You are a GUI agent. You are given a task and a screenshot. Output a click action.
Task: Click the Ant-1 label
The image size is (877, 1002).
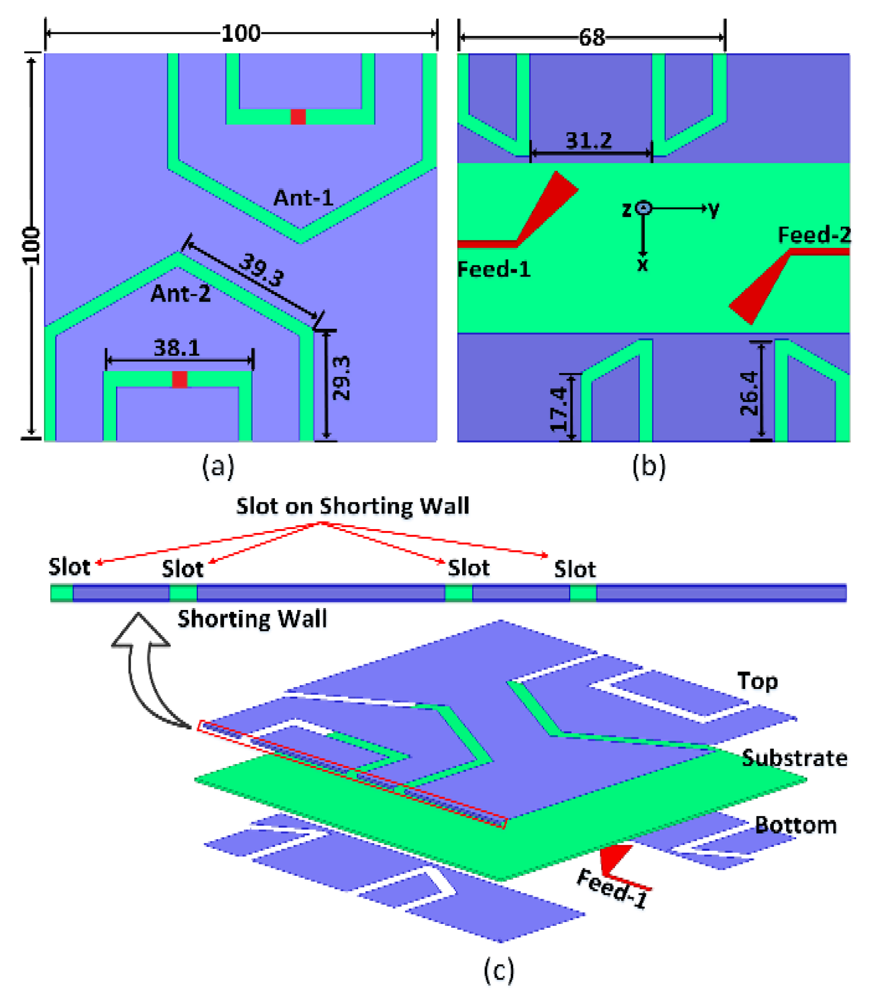pos(303,198)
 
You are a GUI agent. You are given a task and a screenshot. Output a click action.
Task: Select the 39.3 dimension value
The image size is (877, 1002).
pos(261,270)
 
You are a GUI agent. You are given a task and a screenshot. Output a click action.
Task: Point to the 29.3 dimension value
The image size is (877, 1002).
pos(341,378)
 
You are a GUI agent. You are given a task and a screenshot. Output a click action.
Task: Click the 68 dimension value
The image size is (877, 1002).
pos(592,37)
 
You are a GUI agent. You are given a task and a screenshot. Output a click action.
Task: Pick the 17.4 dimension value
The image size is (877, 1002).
pos(558,409)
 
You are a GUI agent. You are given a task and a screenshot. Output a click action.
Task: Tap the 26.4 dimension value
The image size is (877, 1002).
pos(749,393)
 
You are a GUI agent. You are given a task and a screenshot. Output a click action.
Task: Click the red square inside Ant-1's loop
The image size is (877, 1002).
pos(298,117)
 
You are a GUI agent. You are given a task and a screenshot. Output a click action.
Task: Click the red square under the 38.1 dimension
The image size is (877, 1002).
pos(180,379)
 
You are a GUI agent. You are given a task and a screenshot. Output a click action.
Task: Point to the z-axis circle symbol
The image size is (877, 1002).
pos(643,208)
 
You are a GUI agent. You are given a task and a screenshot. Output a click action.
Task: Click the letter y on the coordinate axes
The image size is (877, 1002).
pos(714,209)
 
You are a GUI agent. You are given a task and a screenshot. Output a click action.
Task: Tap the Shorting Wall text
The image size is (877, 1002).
pos(252,619)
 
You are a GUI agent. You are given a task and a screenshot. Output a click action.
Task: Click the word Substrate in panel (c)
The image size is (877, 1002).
pos(794,758)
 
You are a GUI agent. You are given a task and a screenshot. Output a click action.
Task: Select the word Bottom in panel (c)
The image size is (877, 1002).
pos(795,825)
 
